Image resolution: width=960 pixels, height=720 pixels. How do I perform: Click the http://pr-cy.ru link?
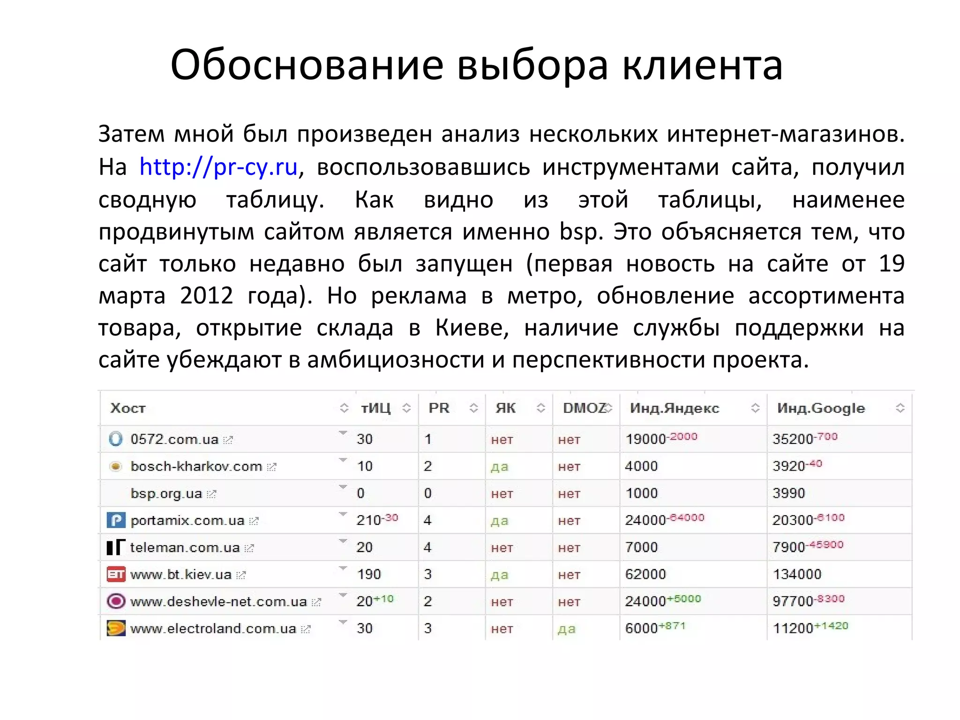[x=218, y=167]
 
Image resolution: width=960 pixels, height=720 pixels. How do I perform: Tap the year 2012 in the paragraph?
[x=206, y=296]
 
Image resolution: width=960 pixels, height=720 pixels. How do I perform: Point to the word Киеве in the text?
[x=472, y=328]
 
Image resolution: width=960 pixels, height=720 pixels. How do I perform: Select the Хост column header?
[x=128, y=408]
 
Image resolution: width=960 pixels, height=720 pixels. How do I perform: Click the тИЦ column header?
[x=375, y=408]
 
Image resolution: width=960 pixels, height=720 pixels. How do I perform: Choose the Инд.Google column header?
[x=820, y=408]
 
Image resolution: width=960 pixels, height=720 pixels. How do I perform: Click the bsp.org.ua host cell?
[x=166, y=494]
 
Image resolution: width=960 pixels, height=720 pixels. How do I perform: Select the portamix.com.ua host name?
[x=187, y=521]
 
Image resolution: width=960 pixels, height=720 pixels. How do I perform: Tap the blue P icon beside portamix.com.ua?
[x=116, y=520]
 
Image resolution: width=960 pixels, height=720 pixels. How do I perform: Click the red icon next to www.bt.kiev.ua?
[x=116, y=574]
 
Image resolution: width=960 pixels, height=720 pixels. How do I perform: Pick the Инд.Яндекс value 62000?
[x=645, y=574]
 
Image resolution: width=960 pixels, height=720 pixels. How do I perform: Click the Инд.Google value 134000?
[x=797, y=574]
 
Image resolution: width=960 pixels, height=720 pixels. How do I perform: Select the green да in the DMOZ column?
[x=566, y=629]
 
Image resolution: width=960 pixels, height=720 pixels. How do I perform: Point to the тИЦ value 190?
[x=369, y=574]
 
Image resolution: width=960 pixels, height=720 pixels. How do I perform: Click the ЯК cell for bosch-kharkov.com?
[x=500, y=467]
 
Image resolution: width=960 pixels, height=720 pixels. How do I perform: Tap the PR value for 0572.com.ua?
[x=427, y=439]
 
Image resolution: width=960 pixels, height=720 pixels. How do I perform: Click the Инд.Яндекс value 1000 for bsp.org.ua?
[x=641, y=494]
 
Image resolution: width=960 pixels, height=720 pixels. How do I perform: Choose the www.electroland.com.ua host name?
[x=213, y=629]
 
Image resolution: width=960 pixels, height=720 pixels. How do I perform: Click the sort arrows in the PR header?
[x=473, y=408]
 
